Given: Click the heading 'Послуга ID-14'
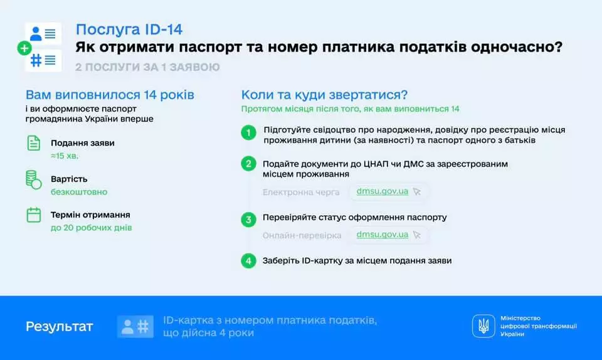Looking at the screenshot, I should (x=129, y=29).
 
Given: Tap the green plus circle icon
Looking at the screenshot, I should (x=24, y=48).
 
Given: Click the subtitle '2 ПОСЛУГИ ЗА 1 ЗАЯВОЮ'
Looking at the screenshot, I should (x=147, y=67).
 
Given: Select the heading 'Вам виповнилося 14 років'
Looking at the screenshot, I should (x=110, y=95).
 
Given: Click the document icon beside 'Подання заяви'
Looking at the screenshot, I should (x=34, y=143).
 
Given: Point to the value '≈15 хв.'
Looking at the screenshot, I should (x=65, y=156).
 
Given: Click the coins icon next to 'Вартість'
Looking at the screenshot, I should (x=34, y=179).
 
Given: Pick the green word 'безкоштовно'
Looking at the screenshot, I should (x=79, y=192).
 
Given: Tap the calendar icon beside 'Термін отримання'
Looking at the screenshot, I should (x=34, y=215).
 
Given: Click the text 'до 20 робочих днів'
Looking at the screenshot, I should (x=92, y=228).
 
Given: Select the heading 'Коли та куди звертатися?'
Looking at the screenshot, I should (x=325, y=95).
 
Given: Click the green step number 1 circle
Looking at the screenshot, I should (x=249, y=133).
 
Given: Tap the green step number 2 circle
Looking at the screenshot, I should (x=249, y=164).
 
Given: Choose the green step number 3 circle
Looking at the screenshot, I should (x=249, y=219).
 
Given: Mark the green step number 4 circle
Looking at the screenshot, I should (x=249, y=260).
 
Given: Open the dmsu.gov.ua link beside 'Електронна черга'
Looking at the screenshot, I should (x=383, y=191).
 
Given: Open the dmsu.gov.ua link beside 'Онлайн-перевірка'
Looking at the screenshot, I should (x=383, y=235).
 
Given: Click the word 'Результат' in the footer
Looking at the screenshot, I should (x=59, y=327).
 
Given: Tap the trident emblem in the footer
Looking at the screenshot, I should (x=483, y=326).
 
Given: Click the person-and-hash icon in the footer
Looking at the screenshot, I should (x=135, y=327).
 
